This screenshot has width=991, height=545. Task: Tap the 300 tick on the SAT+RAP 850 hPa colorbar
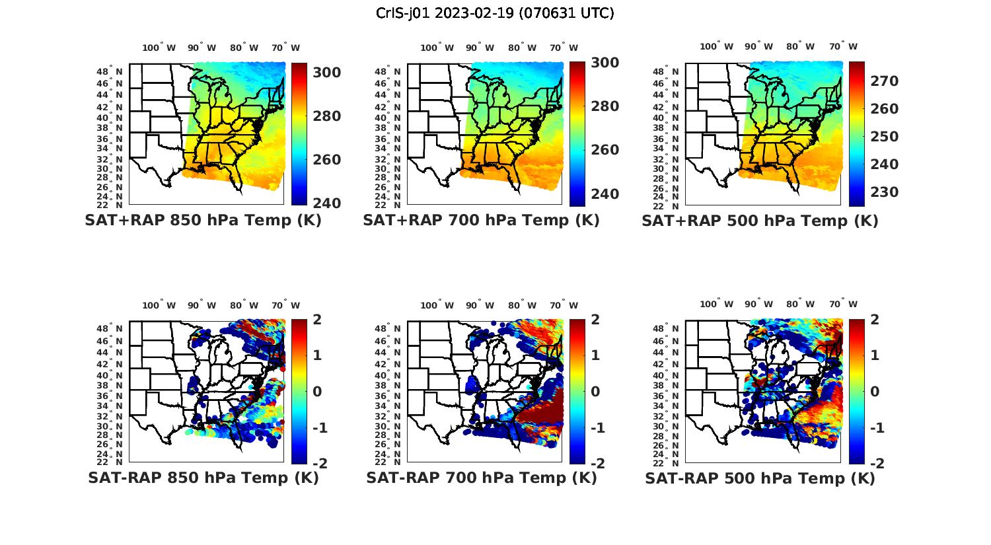326,72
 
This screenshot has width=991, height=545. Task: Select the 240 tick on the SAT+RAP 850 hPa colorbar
326,203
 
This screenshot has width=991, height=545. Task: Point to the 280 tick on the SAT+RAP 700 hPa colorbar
605,106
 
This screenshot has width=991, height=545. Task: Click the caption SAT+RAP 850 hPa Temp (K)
203,221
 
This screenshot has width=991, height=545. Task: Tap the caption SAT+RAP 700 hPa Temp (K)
481,221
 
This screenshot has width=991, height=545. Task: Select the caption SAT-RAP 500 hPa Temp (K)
760,478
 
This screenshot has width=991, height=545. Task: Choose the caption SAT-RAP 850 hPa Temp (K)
203,478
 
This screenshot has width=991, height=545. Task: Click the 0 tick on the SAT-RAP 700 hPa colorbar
595,392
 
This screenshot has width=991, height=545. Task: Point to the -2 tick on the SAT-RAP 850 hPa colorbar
318,463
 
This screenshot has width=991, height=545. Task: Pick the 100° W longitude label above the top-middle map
437,48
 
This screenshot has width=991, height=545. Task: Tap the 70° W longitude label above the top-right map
843,46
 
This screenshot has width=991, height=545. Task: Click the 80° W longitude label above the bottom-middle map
522,305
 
